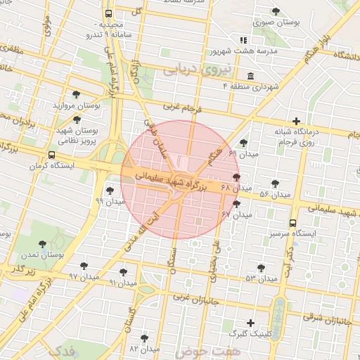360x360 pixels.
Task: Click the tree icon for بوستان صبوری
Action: click(x=276, y=11)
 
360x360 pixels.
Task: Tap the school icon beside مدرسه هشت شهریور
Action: click(x=243, y=40)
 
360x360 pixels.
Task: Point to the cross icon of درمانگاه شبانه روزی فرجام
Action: click(x=297, y=121)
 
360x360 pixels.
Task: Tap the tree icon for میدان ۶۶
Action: click(x=243, y=143)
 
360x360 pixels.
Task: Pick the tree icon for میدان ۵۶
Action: click(x=275, y=184)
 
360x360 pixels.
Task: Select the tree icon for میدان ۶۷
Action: click(x=236, y=204)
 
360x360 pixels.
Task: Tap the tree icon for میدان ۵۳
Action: click(x=261, y=268)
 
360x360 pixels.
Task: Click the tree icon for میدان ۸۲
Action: click(x=144, y=338)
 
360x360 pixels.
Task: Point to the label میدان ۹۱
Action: click(x=122, y=283)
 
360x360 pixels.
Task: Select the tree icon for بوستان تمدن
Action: click(x=43, y=244)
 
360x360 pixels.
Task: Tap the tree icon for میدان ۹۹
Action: click(x=109, y=190)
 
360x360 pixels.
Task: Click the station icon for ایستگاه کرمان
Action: click(x=51, y=156)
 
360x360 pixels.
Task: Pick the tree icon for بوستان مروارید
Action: click(x=76, y=94)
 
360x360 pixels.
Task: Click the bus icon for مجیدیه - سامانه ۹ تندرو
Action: click(x=108, y=13)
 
